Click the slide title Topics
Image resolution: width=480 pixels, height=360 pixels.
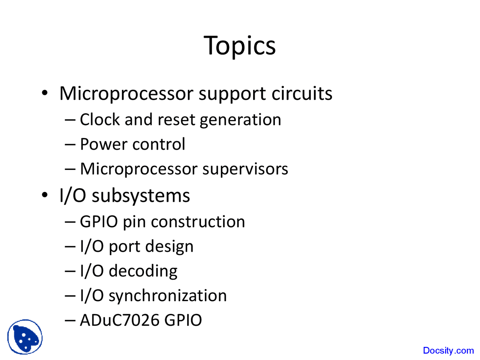240,46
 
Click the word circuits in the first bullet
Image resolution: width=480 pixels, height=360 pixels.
302,93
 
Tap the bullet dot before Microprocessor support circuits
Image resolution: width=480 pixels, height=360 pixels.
45,93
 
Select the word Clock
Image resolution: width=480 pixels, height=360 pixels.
100,120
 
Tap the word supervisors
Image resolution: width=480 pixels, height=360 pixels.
245,169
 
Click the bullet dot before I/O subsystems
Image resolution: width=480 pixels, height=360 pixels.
45,195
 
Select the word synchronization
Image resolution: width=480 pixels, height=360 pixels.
168,296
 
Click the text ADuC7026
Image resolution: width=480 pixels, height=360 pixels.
120,320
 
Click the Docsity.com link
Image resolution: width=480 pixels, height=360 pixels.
448,351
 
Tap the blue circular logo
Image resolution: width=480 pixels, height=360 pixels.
25,337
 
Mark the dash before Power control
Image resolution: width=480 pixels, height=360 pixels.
70,144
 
